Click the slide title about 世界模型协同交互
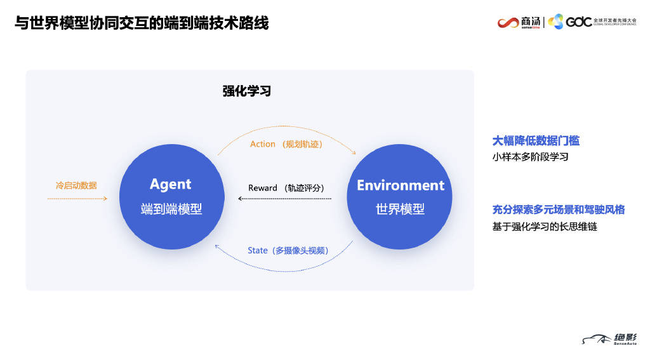[x=142, y=23]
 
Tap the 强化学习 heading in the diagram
[x=247, y=91]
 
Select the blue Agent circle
[x=172, y=197]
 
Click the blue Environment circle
[x=400, y=197]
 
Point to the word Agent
[x=170, y=184]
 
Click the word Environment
[x=401, y=185]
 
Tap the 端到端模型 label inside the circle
[x=171, y=209]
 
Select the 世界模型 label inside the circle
[x=400, y=209]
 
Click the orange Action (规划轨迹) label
[x=286, y=144]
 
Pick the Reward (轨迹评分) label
[x=286, y=188]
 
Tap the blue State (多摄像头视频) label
[x=288, y=251]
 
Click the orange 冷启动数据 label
[x=76, y=185]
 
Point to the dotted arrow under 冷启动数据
[x=77, y=199]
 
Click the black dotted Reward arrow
[x=285, y=199]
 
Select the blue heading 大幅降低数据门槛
[x=536, y=141]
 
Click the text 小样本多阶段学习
[x=530, y=157]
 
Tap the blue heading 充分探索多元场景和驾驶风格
[x=559, y=210]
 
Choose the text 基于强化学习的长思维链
[x=545, y=227]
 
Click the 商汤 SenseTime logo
[x=519, y=22]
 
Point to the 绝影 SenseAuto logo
[x=609, y=339]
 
